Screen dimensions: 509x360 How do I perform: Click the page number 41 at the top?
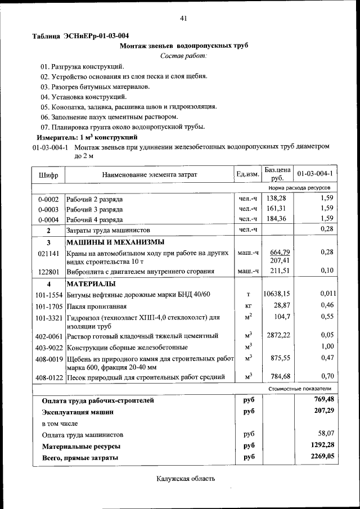pos(183,19)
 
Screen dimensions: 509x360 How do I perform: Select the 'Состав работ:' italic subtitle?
pos(183,56)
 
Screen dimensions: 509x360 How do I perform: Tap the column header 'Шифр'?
pos(48,174)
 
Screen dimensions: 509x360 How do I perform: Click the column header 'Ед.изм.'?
pos(247,174)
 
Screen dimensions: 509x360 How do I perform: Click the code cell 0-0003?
pos(48,209)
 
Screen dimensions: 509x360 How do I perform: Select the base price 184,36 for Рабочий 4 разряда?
pos(276,219)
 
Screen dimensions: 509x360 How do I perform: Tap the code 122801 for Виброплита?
pos(48,272)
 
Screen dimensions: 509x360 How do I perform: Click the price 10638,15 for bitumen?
pos(276,294)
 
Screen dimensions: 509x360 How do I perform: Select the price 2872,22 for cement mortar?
pos(277,335)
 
